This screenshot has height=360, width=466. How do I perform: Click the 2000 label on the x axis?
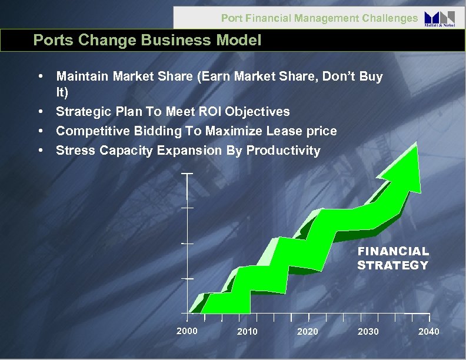point(187,331)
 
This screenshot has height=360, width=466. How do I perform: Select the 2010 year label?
point(247,332)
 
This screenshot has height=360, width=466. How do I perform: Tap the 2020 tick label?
point(308,332)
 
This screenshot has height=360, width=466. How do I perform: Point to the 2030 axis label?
point(368,332)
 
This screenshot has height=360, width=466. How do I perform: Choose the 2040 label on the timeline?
point(428,332)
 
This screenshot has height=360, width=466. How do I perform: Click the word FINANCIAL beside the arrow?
point(393,251)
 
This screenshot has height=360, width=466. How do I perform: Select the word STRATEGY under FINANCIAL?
point(392,265)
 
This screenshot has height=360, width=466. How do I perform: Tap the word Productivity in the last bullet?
point(283,150)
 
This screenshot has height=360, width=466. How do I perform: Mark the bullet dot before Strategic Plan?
point(39,111)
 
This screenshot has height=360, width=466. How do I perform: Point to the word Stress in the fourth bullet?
point(75,150)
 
